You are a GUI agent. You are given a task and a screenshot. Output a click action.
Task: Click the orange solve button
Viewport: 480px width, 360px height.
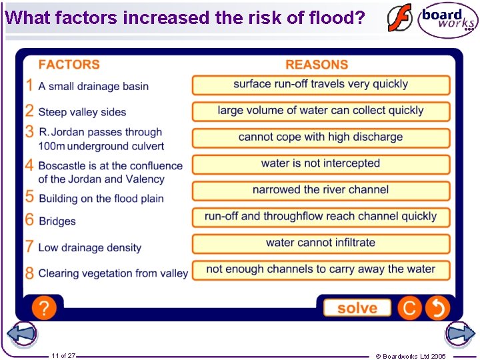tap(357, 308)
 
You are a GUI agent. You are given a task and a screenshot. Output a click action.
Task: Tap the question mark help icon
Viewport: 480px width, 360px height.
tap(44, 308)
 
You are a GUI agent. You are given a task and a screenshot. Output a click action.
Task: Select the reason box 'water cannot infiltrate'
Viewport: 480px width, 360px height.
tap(321, 243)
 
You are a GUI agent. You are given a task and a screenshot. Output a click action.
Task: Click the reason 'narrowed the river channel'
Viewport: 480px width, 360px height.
tap(321, 190)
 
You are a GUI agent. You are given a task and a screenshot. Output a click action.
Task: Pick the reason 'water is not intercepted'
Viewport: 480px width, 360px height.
tap(321, 163)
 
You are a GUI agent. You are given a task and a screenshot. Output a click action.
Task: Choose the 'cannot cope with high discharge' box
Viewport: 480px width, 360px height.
tap(321, 137)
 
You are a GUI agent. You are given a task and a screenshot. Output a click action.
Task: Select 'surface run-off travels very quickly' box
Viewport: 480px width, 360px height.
tap(321, 85)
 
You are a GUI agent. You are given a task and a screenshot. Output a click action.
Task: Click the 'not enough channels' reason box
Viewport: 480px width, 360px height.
tap(321, 269)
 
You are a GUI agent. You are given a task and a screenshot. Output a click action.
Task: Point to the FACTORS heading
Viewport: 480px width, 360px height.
tap(69, 65)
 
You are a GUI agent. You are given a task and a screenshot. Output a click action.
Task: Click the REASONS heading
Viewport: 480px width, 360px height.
tap(317, 65)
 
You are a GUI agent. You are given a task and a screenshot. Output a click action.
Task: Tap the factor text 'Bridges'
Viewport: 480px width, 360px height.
tap(57, 221)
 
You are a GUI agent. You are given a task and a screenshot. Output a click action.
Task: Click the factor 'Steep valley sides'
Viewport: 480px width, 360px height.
tap(82, 112)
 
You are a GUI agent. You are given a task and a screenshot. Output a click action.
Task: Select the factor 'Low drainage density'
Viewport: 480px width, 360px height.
tap(90, 247)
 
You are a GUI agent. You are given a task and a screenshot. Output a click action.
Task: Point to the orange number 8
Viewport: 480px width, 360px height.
tap(29, 273)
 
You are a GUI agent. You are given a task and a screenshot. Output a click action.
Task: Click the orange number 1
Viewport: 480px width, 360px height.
tap(29, 85)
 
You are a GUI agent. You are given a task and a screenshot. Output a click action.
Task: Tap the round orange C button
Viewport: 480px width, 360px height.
tap(409, 308)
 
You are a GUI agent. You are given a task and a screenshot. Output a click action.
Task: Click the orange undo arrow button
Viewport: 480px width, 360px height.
tap(437, 308)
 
